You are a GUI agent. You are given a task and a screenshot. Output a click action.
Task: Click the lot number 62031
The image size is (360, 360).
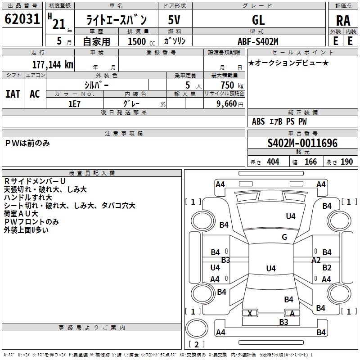(22, 19)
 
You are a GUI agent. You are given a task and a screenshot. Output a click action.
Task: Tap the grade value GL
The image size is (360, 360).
(258, 20)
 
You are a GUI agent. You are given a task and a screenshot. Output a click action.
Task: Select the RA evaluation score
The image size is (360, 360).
(343, 21)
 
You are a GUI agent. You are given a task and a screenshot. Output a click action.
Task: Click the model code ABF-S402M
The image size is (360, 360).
(258, 41)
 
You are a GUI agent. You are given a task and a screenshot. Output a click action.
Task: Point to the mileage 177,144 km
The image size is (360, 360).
(53, 65)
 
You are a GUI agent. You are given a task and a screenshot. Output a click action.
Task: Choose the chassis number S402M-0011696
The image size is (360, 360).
(302, 143)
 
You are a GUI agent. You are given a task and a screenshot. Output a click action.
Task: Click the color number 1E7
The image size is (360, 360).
(74, 104)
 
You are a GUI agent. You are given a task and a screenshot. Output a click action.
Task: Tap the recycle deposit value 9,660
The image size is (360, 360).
(227, 104)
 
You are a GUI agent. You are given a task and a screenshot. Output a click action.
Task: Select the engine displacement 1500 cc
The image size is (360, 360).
(141, 41)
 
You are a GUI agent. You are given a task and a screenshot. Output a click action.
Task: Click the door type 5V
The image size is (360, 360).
(174, 20)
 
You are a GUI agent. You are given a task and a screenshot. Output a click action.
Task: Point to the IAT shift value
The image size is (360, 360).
(13, 94)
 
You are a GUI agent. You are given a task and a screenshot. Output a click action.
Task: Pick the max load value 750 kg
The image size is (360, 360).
(232, 85)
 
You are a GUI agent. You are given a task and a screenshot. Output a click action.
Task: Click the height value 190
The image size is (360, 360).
(346, 162)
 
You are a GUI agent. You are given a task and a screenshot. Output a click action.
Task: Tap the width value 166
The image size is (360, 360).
(310, 162)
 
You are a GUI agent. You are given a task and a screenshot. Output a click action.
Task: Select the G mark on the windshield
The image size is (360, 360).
(284, 237)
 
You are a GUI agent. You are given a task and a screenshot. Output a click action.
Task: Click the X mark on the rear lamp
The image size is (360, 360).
(250, 313)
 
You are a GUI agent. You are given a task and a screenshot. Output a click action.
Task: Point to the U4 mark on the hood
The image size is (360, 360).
(291, 216)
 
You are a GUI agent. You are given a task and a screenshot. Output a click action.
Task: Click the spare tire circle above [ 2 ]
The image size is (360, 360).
(197, 328)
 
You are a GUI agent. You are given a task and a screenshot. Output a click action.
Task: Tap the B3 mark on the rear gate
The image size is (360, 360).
(283, 322)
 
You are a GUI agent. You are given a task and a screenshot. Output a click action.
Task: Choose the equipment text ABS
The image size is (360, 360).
(258, 121)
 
